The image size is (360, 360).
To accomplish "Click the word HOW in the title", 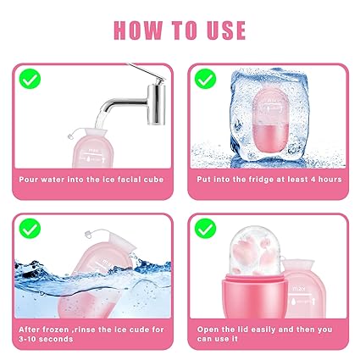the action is (x=138, y=30).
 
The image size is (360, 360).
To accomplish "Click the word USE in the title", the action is (x=226, y=30).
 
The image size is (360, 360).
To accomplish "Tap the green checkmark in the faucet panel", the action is (x=30, y=79).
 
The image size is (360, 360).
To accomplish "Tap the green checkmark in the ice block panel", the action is (x=205, y=79).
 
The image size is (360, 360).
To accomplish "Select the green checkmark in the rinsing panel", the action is (x=30, y=229).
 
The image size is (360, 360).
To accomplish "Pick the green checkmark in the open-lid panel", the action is (x=205, y=229).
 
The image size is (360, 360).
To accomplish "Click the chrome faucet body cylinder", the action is (x=156, y=104).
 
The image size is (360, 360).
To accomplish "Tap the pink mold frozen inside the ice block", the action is (x=271, y=122).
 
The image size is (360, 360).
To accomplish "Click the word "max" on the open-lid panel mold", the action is (x=299, y=289).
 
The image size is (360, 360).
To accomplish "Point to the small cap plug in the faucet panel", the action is (x=70, y=136).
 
